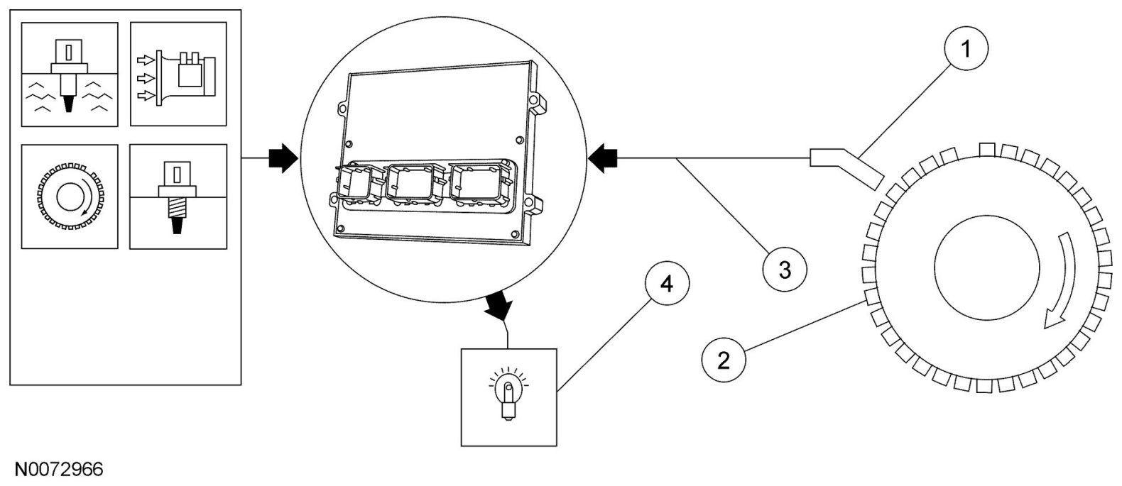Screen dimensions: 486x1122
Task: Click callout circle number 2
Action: pos(724,360)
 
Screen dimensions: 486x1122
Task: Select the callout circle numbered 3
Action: pos(785,270)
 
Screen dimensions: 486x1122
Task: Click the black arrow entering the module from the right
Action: pos(605,158)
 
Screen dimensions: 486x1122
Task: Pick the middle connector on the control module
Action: pos(413,186)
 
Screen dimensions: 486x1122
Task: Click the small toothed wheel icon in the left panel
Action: pos(70,196)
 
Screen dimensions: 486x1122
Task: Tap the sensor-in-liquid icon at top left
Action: pos(70,74)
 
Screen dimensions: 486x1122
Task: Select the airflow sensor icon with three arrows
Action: pos(178,74)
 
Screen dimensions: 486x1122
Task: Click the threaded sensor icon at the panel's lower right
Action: pos(178,197)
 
